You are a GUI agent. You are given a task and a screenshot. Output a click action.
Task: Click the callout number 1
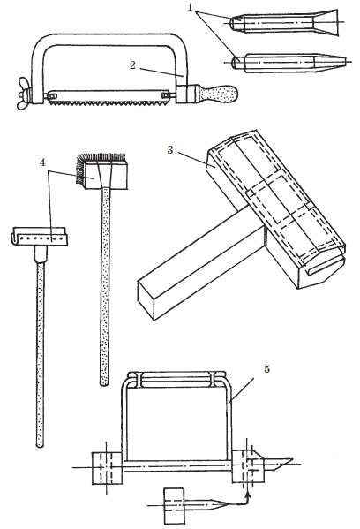pos(190,6)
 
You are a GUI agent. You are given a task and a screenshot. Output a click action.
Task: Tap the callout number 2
pos(132,65)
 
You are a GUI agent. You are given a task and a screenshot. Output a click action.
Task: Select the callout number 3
pos(170,149)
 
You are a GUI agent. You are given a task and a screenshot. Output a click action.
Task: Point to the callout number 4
pos(42,162)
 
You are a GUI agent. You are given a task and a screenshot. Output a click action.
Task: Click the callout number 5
pos(266,369)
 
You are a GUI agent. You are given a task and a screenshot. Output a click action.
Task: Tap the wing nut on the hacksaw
pos(24,93)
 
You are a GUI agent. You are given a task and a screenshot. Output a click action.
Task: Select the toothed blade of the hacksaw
pos(109,98)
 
